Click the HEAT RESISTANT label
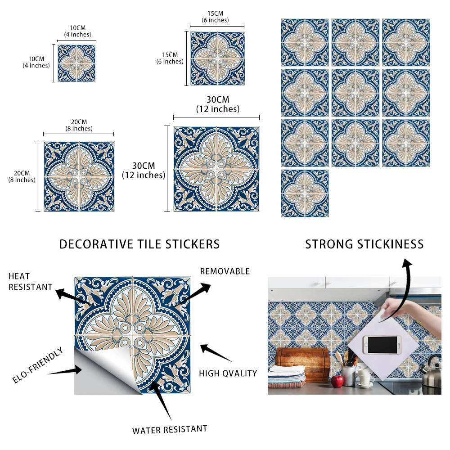(30, 281)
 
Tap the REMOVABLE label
(225, 271)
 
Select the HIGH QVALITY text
(228, 373)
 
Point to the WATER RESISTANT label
(170, 429)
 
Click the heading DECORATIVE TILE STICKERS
(139, 244)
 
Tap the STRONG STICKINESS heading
(364, 244)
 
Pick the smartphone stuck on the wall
(381, 345)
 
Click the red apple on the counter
(337, 382)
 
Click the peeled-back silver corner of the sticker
(97, 373)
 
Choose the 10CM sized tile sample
(76, 63)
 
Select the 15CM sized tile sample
(217, 58)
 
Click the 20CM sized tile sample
(79, 176)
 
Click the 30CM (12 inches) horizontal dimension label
(217, 104)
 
